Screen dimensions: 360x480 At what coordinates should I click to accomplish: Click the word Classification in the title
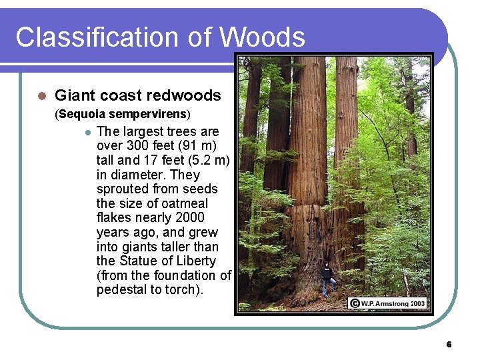pyautogui.click(x=86, y=37)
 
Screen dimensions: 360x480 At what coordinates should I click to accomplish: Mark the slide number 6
pyautogui.click(x=449, y=345)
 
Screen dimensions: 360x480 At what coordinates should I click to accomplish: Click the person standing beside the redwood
pyautogui.click(x=326, y=279)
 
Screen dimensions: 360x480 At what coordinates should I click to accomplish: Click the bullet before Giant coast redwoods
pyautogui.click(x=41, y=96)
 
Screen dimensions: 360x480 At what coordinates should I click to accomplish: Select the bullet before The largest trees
pyautogui.click(x=87, y=131)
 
